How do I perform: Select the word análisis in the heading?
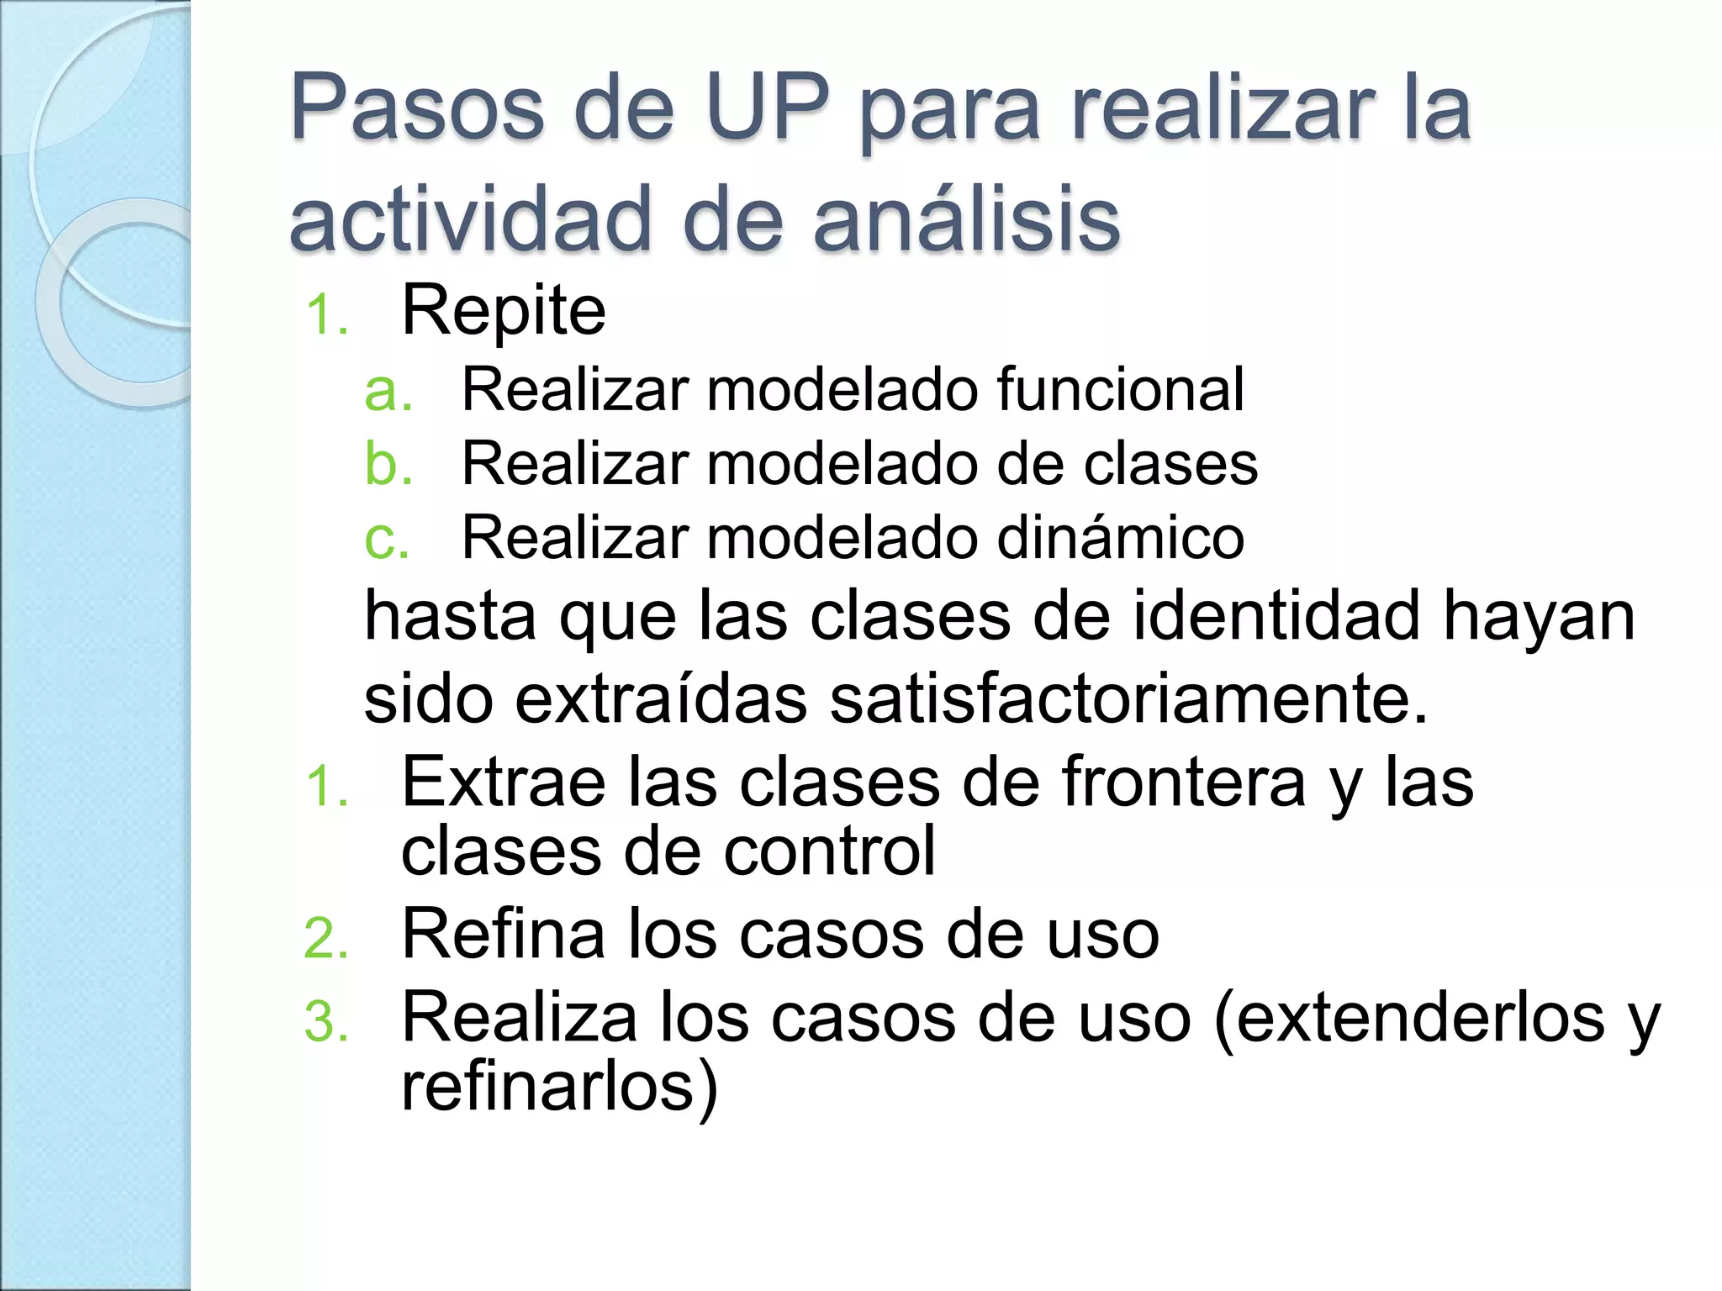966,220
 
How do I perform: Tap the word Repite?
504,312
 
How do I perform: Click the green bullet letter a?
388,391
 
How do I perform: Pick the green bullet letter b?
388,464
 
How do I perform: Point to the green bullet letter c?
387,539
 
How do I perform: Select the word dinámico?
1119,538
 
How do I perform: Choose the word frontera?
1184,783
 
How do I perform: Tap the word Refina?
504,935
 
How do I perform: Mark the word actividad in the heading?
471,220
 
